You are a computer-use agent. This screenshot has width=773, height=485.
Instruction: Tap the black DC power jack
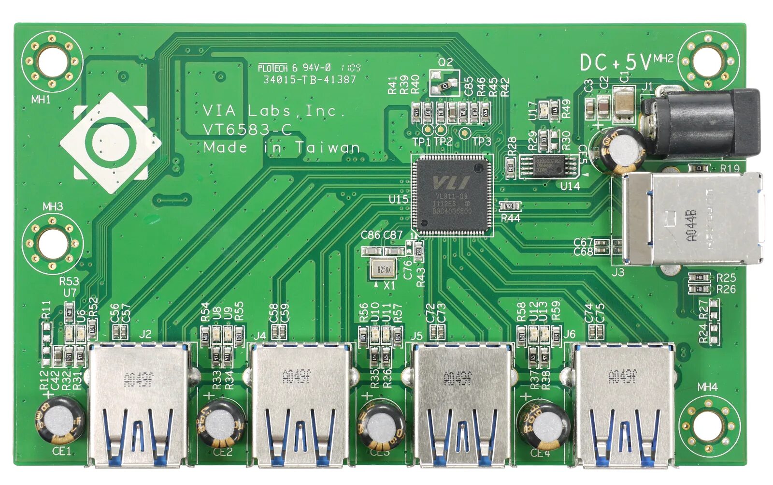[701, 123]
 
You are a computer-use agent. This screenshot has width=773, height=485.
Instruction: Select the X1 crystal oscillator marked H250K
[384, 269]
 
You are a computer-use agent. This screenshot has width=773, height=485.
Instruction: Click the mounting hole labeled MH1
[52, 61]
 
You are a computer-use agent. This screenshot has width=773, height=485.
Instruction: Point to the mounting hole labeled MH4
[709, 424]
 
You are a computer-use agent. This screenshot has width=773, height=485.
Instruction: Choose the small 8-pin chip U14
[548, 165]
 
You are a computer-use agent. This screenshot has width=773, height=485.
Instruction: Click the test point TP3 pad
[464, 132]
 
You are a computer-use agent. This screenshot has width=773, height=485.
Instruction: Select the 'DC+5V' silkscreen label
[616, 62]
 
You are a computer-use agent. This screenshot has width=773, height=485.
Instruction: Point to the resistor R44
[509, 206]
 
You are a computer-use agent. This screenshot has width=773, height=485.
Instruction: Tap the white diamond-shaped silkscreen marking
[111, 143]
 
